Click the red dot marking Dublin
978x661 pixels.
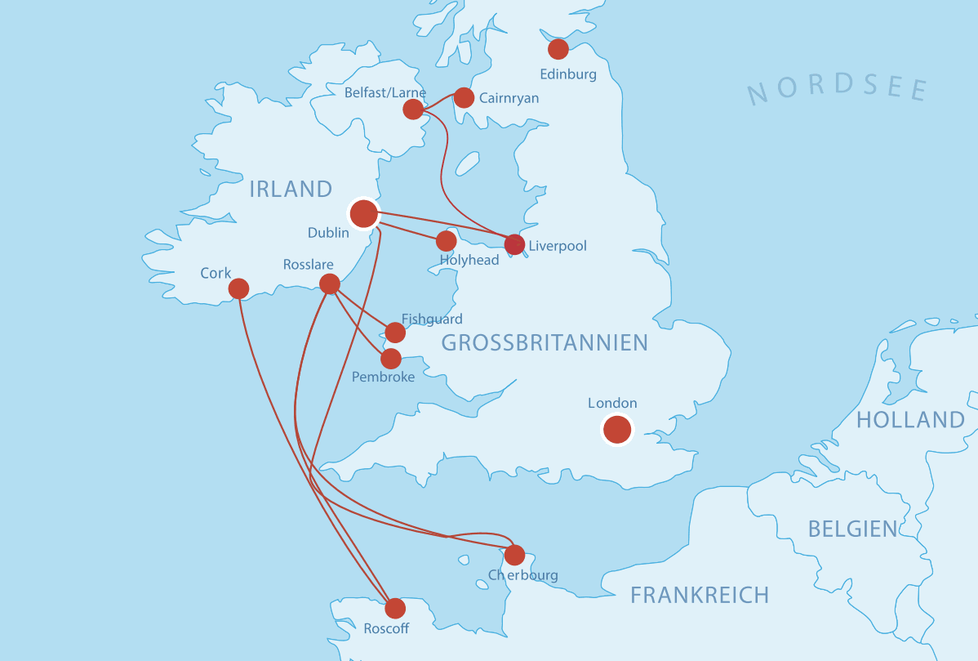[x=363, y=213]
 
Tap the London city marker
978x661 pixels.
[x=617, y=429]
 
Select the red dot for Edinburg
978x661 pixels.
[x=558, y=49]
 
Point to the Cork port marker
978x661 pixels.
[x=238, y=288]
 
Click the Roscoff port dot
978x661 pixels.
[x=395, y=608]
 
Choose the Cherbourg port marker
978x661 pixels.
[x=514, y=556]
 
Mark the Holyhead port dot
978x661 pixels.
[x=446, y=241]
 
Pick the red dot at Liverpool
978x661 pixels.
[x=514, y=244]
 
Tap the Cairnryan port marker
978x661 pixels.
[x=464, y=98]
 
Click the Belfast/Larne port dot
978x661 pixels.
[x=413, y=109]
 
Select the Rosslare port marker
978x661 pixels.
[x=330, y=284]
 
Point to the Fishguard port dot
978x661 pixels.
[x=395, y=333]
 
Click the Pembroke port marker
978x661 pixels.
[x=391, y=359]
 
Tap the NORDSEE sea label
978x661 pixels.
[x=838, y=90]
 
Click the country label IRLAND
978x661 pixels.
[x=291, y=190]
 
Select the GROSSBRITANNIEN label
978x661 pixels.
[x=544, y=343]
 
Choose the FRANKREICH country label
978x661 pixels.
[x=700, y=595]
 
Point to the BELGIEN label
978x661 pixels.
[x=852, y=529]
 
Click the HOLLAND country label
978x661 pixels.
[x=910, y=420]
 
